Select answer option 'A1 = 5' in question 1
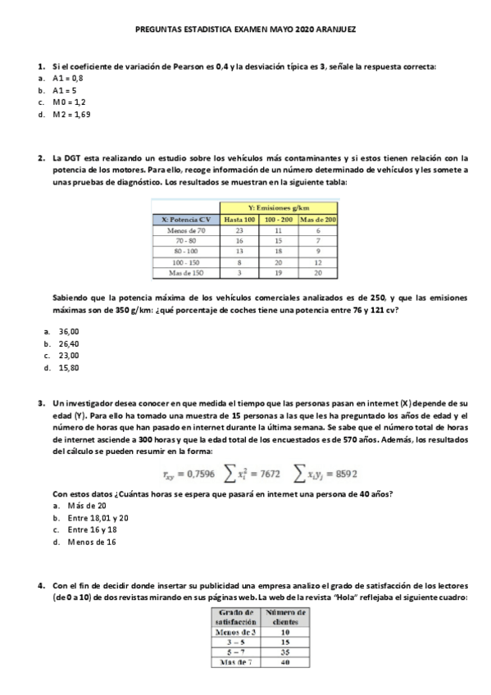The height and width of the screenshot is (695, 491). (65, 90)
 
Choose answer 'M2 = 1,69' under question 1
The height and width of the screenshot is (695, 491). (71, 115)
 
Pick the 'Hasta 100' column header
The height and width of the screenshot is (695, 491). (240, 220)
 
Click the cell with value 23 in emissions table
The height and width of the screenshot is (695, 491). (240, 231)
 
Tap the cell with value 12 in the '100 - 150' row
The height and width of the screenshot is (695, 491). (318, 262)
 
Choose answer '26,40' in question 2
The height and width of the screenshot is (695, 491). (68, 343)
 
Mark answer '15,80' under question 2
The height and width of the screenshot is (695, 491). (68, 368)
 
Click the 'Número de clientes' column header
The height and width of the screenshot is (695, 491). (286, 617)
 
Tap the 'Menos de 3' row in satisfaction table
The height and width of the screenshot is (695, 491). (236, 632)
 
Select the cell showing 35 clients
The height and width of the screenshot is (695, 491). (286, 653)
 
